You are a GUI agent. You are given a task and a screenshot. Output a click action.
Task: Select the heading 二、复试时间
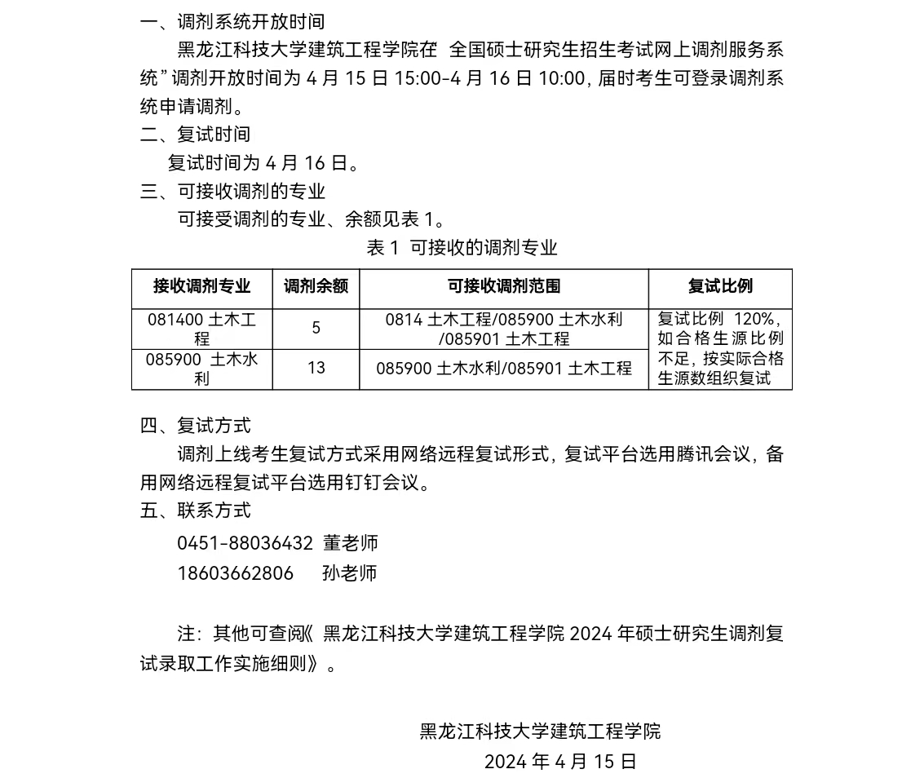(195, 135)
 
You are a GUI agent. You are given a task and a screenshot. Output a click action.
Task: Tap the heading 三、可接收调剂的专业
(232, 192)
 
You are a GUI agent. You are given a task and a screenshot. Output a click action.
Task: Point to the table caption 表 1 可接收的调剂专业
(462, 248)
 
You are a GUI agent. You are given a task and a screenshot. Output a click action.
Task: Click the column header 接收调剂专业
(201, 286)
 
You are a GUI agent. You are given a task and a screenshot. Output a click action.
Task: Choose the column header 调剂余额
(316, 286)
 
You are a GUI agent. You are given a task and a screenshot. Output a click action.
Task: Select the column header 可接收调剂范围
(503, 286)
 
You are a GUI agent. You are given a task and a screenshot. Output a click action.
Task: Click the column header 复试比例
(720, 286)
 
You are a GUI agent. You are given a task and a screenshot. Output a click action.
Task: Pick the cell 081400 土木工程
(201, 329)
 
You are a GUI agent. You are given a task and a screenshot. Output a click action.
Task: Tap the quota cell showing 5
(316, 329)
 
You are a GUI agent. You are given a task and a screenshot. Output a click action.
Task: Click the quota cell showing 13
(316, 369)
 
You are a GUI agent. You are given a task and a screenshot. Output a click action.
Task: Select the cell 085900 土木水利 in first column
(201, 369)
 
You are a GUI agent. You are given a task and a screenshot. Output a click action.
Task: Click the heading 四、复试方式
(195, 426)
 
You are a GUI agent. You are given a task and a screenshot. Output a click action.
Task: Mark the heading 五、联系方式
(195, 511)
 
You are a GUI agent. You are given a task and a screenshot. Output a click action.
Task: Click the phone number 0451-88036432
(245, 543)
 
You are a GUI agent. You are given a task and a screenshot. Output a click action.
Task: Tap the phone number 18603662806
(235, 573)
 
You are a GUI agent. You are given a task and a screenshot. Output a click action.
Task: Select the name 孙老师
(349, 573)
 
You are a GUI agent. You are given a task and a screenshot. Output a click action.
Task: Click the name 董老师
(350, 543)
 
